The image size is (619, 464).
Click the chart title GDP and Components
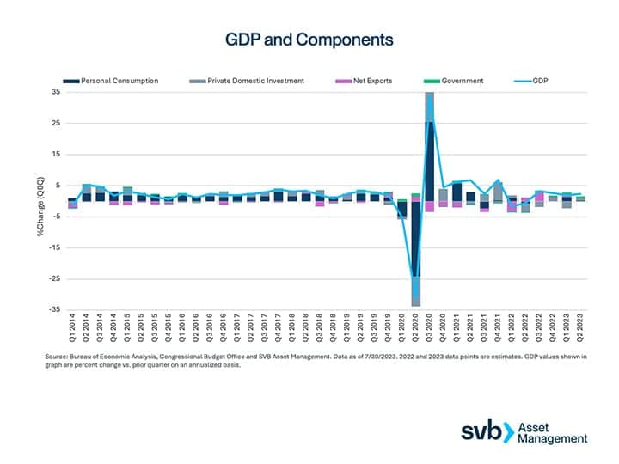309,40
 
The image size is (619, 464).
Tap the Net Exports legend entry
371,81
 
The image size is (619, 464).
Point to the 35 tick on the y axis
57,92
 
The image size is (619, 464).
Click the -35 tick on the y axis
55,309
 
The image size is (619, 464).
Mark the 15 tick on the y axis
57,154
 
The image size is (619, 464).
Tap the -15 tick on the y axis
55,247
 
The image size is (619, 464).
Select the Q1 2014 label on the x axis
72,331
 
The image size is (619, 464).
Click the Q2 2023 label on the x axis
579,331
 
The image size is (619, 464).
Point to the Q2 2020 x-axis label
415,331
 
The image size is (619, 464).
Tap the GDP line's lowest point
415,298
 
